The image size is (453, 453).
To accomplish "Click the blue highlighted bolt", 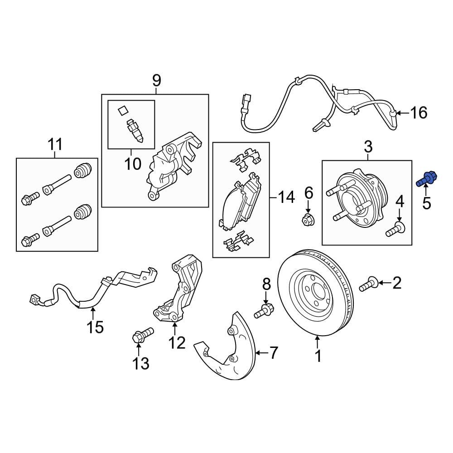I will click(x=425, y=178).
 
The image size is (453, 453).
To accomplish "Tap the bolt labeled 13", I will click(x=141, y=335).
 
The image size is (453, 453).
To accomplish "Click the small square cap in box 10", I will click(x=121, y=110).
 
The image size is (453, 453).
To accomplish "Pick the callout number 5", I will click(x=427, y=203).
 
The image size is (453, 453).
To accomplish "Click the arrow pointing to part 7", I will click(x=260, y=352).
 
